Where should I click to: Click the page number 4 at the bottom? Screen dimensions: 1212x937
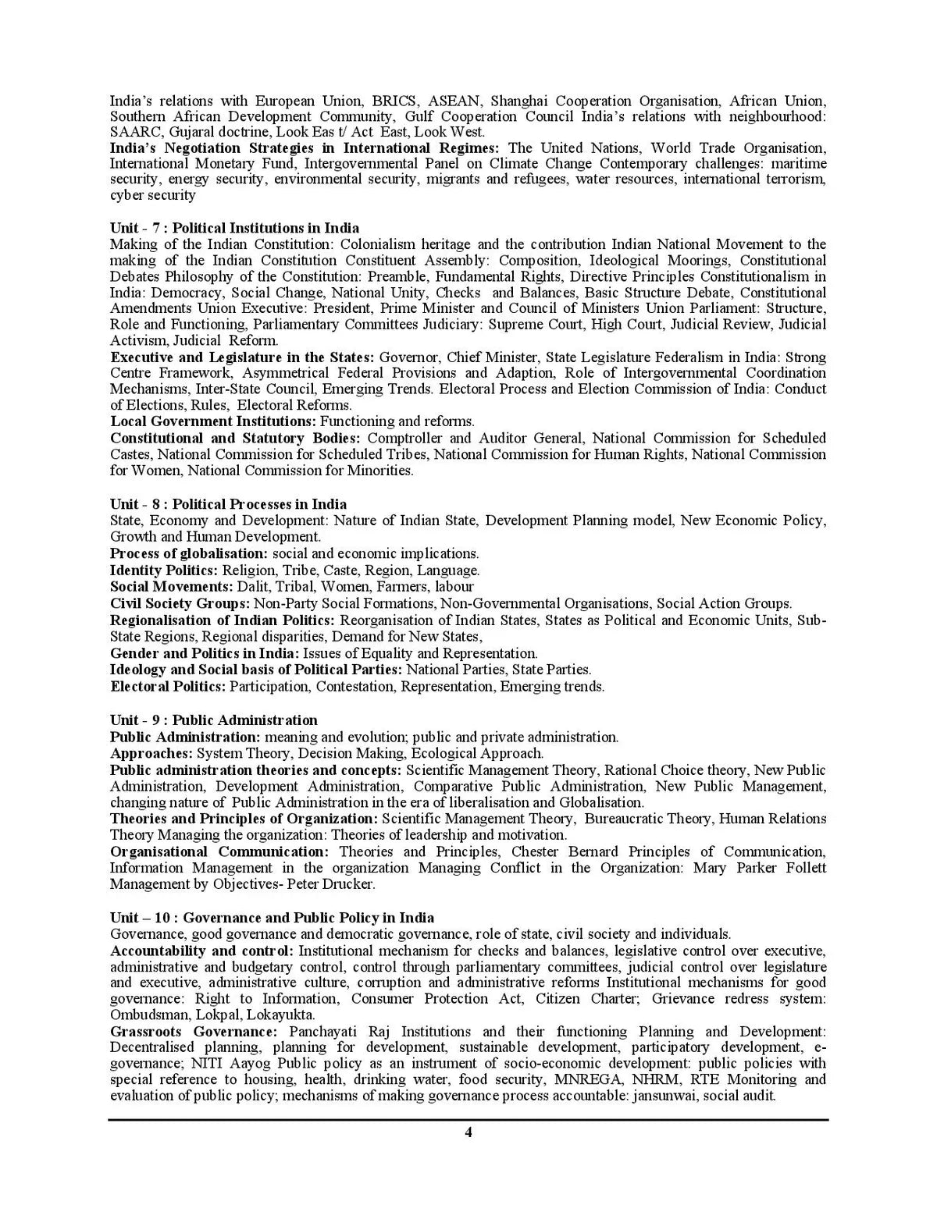pyautogui.click(x=468, y=1133)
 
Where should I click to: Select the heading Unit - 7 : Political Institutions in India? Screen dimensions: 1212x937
pyautogui.click(x=234, y=228)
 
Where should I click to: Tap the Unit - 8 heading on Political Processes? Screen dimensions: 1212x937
pyautogui.click(x=228, y=504)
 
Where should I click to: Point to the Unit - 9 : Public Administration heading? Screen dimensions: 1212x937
pyautogui.click(x=213, y=720)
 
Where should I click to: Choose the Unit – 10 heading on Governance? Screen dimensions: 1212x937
pyautogui.click(x=272, y=918)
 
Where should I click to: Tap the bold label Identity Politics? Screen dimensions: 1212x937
pyautogui.click(x=164, y=570)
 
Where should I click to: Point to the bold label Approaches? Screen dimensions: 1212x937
pyautogui.click(x=151, y=753)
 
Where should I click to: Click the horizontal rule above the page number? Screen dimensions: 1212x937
pyautogui.click(x=468, y=1120)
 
